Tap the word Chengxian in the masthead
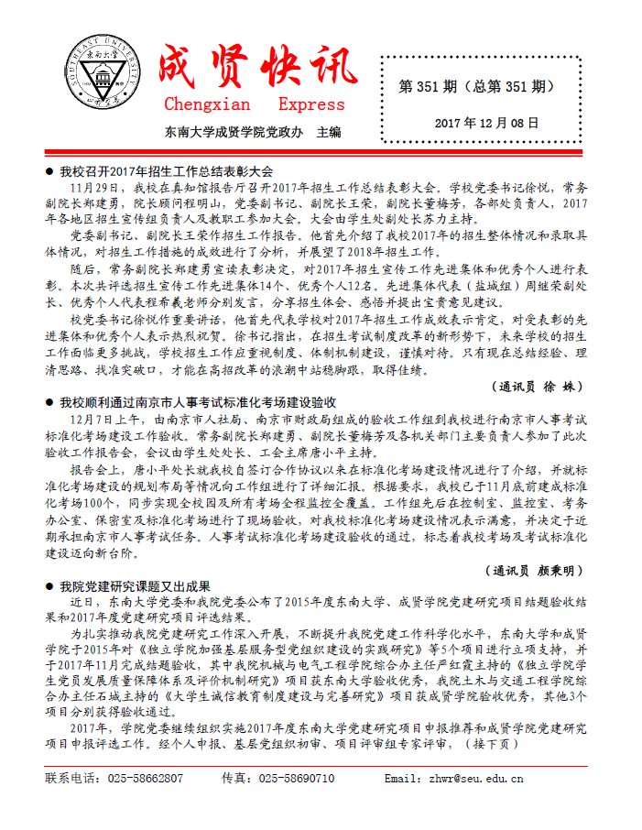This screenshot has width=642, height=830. [x=209, y=104]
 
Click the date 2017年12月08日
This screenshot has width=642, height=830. [x=486, y=122]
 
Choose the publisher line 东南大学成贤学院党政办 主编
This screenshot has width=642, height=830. [x=253, y=132]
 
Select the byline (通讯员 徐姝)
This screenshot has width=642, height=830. [x=534, y=386]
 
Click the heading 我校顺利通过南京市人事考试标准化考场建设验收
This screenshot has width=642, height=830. [x=198, y=402]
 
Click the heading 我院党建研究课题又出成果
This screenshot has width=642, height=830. [x=136, y=586]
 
